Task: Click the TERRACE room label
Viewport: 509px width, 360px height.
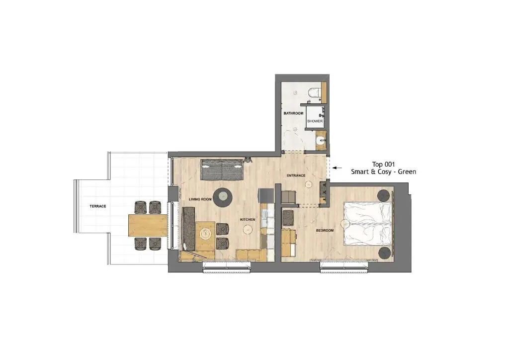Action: [x=98, y=206]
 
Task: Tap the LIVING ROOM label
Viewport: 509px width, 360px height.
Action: [x=200, y=199]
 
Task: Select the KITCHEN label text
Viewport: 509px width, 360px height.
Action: [x=248, y=220]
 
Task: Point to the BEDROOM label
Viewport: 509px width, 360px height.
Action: [x=325, y=231]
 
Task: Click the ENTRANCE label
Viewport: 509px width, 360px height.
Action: [x=296, y=176]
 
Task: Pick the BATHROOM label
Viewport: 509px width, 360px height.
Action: [x=293, y=113]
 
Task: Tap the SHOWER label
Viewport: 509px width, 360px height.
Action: [x=315, y=121]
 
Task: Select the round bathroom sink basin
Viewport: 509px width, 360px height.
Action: [x=321, y=141]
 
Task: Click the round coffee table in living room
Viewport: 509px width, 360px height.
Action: [x=223, y=197]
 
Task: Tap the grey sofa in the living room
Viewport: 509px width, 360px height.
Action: [x=222, y=170]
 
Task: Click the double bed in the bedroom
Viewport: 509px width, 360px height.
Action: [x=368, y=223]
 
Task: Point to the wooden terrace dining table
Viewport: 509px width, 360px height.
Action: [x=148, y=225]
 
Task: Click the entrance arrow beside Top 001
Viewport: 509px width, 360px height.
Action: [x=338, y=168]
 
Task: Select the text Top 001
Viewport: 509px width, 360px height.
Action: [x=383, y=164]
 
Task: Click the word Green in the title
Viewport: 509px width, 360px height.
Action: [x=407, y=172]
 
